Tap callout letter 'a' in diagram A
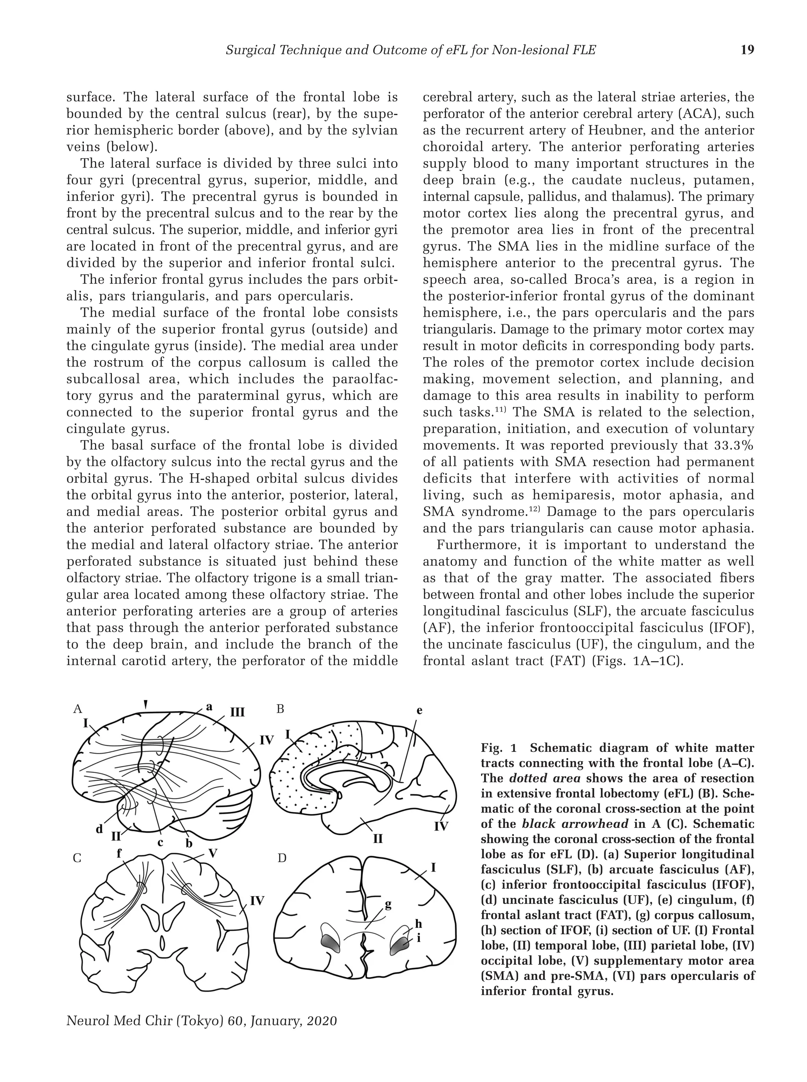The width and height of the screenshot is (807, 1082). pyautogui.click(x=209, y=706)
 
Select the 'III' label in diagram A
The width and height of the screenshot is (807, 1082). pyautogui.click(x=237, y=712)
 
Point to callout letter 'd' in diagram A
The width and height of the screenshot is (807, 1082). pyautogui.click(x=99, y=829)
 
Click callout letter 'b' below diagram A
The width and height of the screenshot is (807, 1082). pyautogui.click(x=189, y=843)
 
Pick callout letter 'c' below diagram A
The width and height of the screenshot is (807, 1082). pyautogui.click(x=160, y=842)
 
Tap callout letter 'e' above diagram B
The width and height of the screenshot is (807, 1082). pyautogui.click(x=419, y=711)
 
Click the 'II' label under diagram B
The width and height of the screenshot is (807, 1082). pyautogui.click(x=377, y=839)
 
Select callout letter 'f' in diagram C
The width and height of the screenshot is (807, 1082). pyautogui.click(x=119, y=853)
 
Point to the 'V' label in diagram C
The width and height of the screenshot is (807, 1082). pyautogui.click(x=212, y=853)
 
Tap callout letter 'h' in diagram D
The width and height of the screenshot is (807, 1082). pyautogui.click(x=418, y=923)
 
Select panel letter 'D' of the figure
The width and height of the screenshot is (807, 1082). pyautogui.click(x=281, y=858)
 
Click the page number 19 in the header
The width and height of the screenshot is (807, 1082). pyautogui.click(x=747, y=50)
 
